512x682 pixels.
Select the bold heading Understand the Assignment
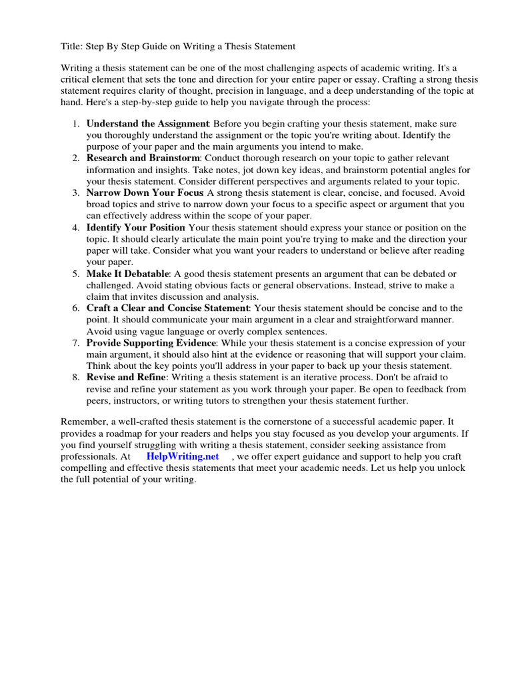click(x=148, y=124)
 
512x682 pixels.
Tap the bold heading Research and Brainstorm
click(x=143, y=158)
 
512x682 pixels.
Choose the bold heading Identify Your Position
click(x=136, y=227)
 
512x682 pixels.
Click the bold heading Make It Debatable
click(x=128, y=274)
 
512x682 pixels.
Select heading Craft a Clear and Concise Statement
click(x=167, y=308)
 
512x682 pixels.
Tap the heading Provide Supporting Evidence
click(x=151, y=343)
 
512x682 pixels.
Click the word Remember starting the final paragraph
click(x=83, y=422)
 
